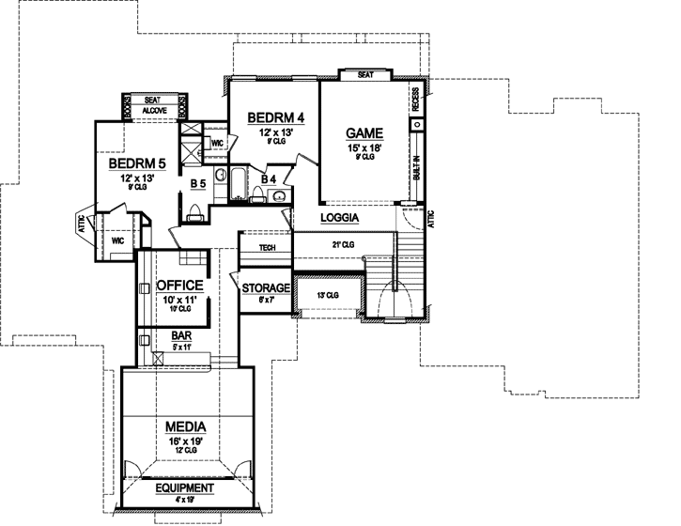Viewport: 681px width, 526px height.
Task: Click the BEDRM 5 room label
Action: (x=136, y=163)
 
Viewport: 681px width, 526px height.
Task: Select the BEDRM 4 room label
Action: (x=276, y=117)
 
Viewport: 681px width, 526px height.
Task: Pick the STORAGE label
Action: (x=266, y=288)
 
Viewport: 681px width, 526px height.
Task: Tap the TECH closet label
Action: (x=266, y=247)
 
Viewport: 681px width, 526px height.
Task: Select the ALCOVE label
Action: (x=153, y=110)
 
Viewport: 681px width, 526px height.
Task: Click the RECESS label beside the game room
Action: (x=415, y=101)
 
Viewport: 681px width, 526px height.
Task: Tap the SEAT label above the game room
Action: (x=366, y=74)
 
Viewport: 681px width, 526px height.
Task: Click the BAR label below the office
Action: (x=181, y=334)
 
